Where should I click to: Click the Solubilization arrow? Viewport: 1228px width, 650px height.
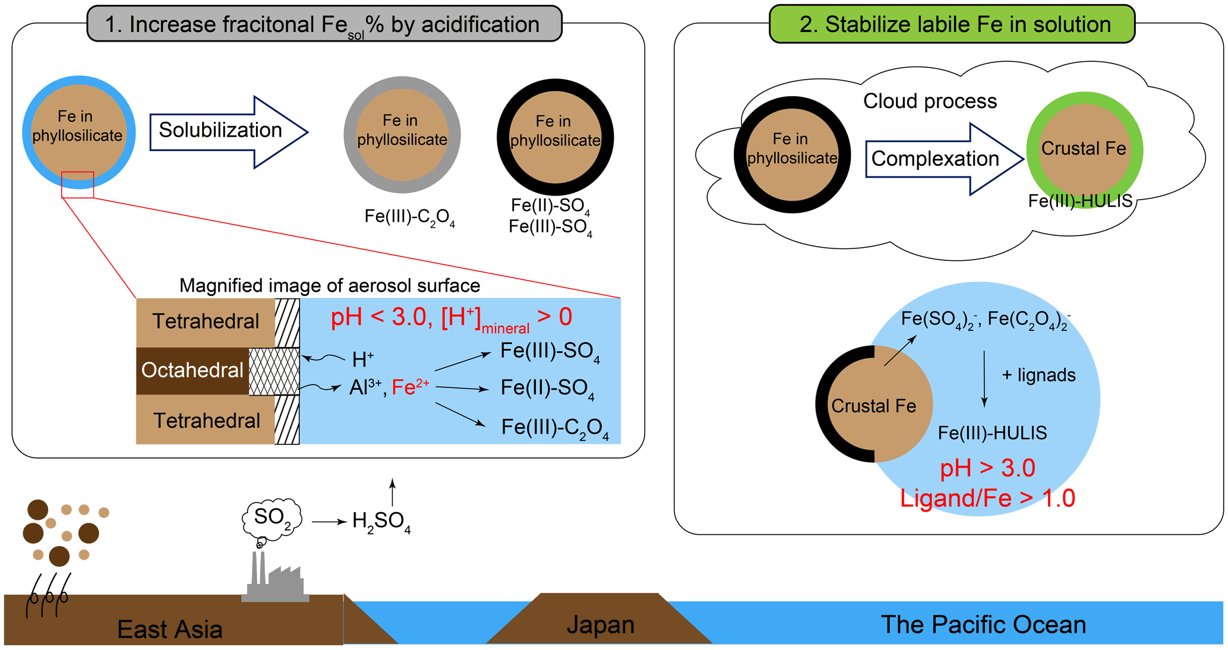pos(226,131)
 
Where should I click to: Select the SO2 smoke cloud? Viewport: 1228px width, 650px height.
pos(272,518)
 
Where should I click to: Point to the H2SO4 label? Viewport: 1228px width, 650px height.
pos(381,522)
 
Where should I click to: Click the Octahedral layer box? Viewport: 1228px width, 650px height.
pos(192,371)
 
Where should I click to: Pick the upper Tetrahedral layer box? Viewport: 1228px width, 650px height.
pos(206,322)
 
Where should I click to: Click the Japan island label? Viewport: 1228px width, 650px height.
pos(600,624)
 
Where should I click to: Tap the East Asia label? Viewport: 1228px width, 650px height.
pos(170,629)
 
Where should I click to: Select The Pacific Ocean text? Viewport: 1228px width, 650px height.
pos(983,624)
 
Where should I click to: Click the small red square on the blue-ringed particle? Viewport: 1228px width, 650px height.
pos(78,185)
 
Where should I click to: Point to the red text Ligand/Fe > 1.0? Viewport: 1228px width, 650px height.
pos(987,498)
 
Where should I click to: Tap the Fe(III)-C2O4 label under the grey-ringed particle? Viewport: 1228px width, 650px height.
pos(409,217)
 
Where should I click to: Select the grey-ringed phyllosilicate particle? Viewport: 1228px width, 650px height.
pos(402,135)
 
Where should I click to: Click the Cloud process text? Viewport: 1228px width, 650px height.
pos(930,101)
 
